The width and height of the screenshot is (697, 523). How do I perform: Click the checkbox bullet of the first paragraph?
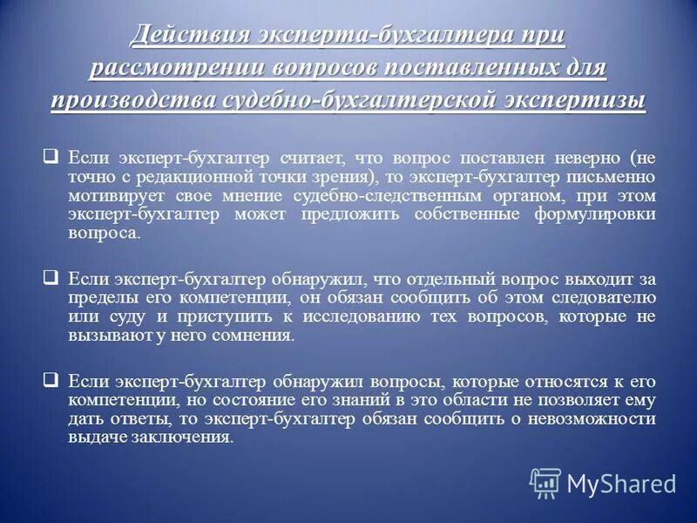pyautogui.click(x=51, y=158)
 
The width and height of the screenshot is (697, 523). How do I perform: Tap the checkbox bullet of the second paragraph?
pyautogui.click(x=51, y=278)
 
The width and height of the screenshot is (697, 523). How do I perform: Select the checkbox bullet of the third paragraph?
pyautogui.click(x=51, y=380)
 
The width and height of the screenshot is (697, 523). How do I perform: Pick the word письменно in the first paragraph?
pyautogui.click(x=612, y=177)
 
